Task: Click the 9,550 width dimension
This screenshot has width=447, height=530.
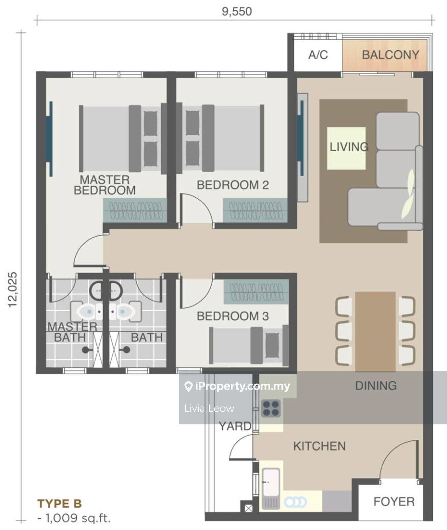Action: coord(237,12)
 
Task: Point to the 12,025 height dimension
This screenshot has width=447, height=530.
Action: coord(13,289)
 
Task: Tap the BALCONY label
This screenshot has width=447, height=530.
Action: coord(390,55)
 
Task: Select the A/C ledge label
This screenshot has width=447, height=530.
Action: coord(318,55)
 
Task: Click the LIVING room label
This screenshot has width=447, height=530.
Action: coord(349,147)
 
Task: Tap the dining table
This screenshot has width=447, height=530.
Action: coord(375,331)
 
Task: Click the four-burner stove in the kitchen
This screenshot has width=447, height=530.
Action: coord(271,408)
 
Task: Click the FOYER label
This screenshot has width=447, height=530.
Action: coord(394,502)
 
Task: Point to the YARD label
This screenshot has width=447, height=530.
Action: coord(235,426)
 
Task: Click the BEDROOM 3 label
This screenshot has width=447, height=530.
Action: coord(232,316)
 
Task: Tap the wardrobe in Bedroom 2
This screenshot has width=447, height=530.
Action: coord(255,210)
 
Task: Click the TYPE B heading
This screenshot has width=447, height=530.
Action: coord(59,504)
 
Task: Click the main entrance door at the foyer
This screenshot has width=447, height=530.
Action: coord(399,460)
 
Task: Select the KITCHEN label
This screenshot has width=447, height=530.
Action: coord(319,446)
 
